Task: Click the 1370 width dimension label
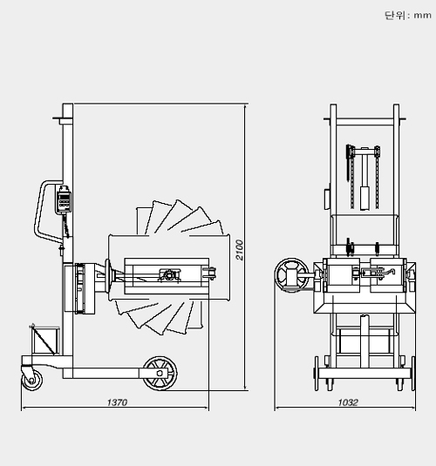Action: pyautogui.click(x=117, y=402)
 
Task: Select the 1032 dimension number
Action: pyautogui.click(x=348, y=402)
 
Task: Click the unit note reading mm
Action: pyautogui.click(x=404, y=15)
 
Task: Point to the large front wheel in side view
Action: pyautogui.click(x=160, y=372)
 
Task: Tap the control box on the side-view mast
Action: pyautogui.click(x=63, y=199)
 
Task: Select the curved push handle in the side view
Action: pyautogui.click(x=41, y=209)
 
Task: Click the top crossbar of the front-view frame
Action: pyautogui.click(x=363, y=122)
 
